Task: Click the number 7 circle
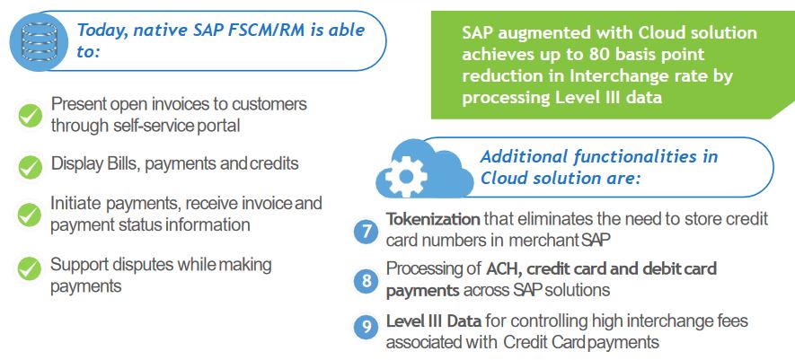click(367, 231)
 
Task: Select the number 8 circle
click(367, 280)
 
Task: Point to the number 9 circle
click(367, 328)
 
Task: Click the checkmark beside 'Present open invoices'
click(31, 114)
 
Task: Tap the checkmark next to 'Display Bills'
click(31, 165)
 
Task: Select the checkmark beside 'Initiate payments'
click(31, 215)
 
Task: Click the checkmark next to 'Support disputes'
click(31, 268)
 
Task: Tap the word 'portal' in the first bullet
click(218, 125)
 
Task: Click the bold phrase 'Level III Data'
click(434, 321)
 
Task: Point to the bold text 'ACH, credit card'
click(551, 269)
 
